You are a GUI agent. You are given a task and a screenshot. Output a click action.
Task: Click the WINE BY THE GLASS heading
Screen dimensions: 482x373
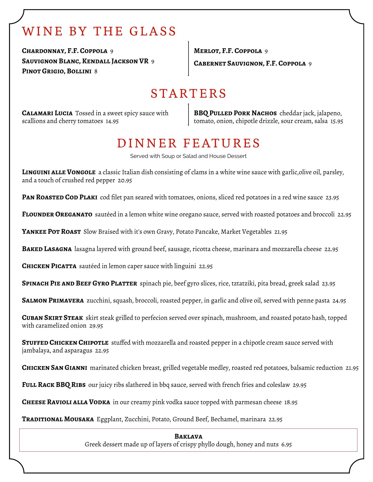(99, 31)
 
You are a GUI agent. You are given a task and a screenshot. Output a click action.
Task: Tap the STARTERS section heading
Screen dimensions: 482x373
(189, 93)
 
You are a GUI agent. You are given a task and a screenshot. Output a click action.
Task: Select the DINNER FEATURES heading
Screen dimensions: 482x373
(189, 143)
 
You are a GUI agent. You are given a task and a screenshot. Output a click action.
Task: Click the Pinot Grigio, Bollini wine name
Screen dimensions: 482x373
(57, 72)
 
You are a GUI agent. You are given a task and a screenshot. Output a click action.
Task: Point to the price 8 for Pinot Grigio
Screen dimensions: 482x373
(96, 72)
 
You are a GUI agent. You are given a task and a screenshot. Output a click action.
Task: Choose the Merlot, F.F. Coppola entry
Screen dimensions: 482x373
(228, 51)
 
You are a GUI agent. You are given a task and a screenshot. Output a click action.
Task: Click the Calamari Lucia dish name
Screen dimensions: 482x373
(47, 113)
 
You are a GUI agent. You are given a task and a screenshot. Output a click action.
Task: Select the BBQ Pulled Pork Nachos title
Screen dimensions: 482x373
(235, 113)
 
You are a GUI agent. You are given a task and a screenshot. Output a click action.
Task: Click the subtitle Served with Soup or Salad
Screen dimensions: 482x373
(188, 156)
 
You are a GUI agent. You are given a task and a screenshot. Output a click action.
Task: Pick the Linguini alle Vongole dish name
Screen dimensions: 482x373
(59, 172)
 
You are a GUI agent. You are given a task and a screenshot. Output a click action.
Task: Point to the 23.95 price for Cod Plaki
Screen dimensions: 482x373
(332, 198)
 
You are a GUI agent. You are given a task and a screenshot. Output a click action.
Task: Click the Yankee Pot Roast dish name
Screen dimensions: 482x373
(51, 232)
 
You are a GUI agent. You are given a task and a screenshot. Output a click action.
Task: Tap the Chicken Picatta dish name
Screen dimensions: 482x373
(49, 266)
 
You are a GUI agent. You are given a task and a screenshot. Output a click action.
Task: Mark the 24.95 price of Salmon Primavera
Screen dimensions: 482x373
(339, 301)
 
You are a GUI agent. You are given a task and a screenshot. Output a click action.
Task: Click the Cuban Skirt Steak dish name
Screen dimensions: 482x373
(53, 318)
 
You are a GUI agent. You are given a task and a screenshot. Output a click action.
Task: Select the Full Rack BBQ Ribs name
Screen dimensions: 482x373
(54, 385)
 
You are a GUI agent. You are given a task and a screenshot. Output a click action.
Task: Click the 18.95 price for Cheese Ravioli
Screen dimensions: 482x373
(291, 402)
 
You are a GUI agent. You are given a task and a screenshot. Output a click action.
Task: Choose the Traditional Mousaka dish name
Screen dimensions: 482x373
(58, 419)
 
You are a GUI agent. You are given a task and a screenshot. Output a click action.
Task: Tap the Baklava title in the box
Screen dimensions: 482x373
(188, 436)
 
